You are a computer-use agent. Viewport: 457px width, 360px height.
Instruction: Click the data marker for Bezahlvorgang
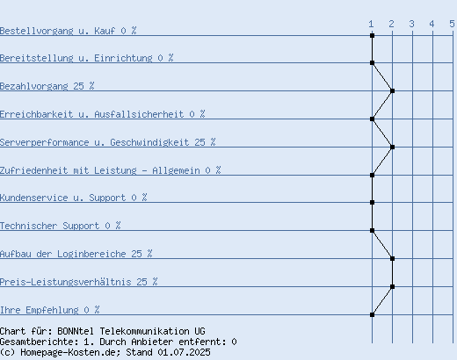tap(393, 91)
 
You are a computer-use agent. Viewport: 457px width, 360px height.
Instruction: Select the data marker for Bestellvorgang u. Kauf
tap(372, 35)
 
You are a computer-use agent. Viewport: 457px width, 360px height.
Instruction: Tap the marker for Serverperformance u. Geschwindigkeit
tap(393, 147)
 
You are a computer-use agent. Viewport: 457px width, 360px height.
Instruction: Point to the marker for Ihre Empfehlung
tap(372, 314)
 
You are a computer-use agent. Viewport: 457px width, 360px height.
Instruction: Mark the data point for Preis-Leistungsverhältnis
tap(393, 286)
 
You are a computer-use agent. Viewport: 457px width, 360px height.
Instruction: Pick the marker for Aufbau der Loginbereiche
tap(393, 258)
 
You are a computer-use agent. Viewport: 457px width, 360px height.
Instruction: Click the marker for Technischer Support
tap(372, 230)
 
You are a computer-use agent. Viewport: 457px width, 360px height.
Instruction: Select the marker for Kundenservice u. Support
tap(372, 202)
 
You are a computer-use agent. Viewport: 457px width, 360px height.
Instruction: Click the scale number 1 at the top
tap(371, 24)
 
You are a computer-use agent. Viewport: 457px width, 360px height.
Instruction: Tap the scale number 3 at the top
tap(411, 24)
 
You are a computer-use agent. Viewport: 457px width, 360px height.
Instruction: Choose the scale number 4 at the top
tap(432, 24)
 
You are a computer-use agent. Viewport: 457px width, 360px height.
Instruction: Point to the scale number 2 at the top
tap(391, 24)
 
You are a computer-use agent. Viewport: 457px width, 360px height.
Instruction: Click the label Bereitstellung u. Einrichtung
tap(76, 58)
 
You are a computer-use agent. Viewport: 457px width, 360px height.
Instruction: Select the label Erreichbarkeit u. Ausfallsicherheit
tap(92, 114)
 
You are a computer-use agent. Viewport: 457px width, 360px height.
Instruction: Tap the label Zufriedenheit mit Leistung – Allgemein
tap(100, 170)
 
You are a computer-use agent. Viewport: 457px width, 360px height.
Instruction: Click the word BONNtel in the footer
tap(76, 331)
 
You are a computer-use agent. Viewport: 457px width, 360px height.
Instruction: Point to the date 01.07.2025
tap(184, 352)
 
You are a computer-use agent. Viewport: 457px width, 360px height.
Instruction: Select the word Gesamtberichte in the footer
tap(38, 342)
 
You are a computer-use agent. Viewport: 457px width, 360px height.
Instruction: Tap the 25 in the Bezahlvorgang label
tap(78, 86)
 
